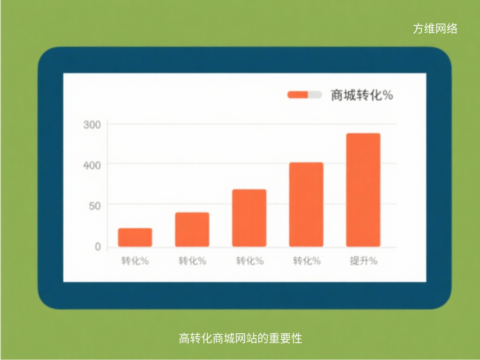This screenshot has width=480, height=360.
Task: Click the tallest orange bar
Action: (363, 190)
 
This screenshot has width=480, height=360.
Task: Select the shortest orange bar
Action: (135, 237)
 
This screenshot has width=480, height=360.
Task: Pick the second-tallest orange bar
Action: (306, 204)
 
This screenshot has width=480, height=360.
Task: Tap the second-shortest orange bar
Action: (192, 229)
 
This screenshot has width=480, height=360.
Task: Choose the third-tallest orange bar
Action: (249, 218)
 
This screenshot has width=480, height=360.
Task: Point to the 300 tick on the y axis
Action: (92, 125)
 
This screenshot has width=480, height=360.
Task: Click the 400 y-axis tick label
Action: (92, 165)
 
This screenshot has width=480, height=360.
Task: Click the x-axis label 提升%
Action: (363, 261)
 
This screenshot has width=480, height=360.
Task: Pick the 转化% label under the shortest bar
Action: (135, 261)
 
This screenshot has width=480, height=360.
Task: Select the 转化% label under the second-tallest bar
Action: (307, 261)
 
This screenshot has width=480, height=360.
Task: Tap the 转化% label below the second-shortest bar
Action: (192, 261)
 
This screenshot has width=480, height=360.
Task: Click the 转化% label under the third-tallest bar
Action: (249, 261)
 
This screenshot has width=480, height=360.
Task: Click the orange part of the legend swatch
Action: (298, 95)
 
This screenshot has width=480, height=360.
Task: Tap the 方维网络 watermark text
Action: (435, 29)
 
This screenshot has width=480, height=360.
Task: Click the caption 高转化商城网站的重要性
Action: (240, 338)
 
